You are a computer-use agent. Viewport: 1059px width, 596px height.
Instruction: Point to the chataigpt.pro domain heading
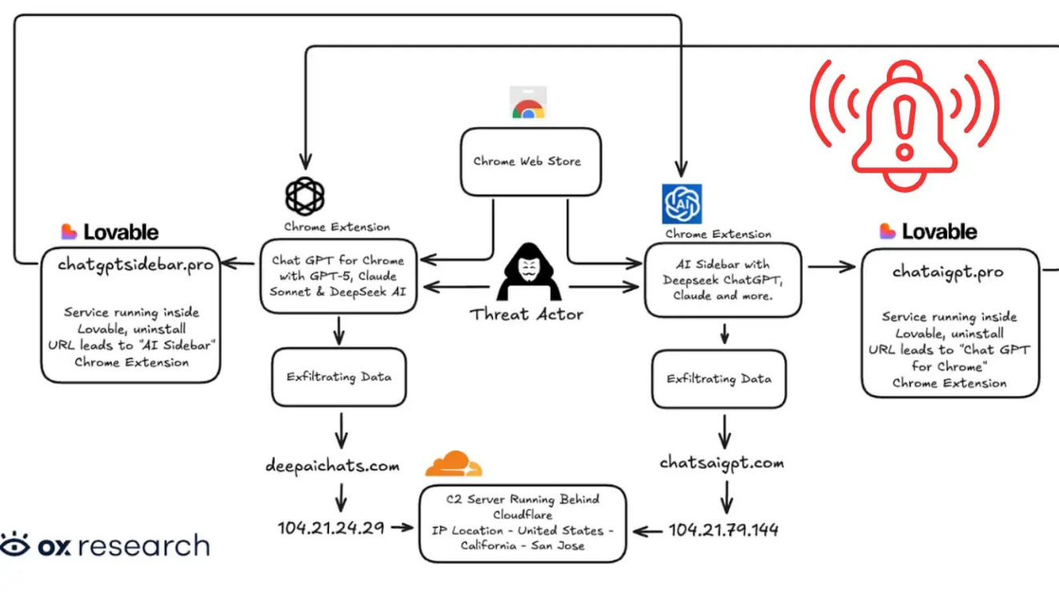pos(948,272)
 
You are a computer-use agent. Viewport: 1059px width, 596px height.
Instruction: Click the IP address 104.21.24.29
pos(331,528)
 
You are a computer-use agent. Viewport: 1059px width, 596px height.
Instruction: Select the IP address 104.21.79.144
pos(723,530)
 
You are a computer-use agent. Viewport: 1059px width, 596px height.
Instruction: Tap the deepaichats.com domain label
pos(332,465)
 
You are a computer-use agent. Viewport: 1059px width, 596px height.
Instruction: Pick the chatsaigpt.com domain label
pos(721,463)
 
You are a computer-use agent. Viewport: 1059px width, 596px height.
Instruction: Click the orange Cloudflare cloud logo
pos(453,465)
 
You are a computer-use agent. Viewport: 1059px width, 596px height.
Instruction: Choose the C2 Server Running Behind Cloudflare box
pos(522,522)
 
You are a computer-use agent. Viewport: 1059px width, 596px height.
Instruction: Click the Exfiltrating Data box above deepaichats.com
pos(339,377)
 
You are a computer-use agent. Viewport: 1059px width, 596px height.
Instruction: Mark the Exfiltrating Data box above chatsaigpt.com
pos(719,379)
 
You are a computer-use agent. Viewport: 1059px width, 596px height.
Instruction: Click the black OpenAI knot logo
pos(305,195)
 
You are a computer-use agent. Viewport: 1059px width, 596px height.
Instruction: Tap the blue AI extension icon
pos(681,203)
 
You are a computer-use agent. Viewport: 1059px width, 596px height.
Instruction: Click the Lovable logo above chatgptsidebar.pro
pos(110,232)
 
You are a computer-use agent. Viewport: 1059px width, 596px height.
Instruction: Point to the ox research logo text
pos(105,546)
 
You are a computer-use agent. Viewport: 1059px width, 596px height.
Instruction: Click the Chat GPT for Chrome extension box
pos(338,276)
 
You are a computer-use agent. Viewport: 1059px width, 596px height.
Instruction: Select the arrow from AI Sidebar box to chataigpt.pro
pos(832,266)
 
